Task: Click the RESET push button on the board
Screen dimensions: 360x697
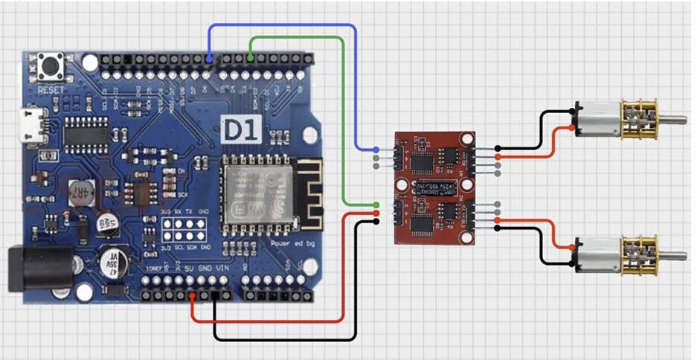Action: coord(53,68)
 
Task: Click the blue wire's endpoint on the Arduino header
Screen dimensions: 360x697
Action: coord(210,58)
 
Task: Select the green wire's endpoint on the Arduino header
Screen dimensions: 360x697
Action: coord(251,58)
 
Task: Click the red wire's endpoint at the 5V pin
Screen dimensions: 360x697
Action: coord(193,296)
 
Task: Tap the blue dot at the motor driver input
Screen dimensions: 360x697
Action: coord(377,149)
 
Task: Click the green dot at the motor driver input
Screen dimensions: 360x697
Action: coord(377,204)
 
